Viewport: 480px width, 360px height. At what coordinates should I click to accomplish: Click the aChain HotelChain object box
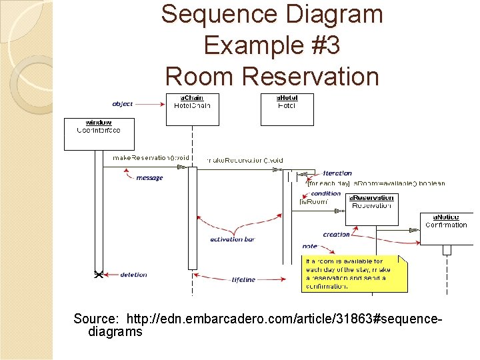tap(192, 109)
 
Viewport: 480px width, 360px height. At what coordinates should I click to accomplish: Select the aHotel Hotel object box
tap(287, 109)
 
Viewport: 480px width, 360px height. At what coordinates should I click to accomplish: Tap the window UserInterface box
tap(99, 133)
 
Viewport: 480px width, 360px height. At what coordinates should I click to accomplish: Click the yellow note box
tap(354, 273)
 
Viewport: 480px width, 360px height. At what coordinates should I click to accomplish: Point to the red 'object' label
tap(123, 104)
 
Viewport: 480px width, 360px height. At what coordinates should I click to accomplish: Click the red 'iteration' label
tap(337, 173)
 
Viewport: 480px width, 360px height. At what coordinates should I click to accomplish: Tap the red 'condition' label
tap(326, 193)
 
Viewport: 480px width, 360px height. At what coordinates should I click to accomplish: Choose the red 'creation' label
tap(336, 234)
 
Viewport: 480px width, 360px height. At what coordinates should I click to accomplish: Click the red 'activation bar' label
tap(232, 239)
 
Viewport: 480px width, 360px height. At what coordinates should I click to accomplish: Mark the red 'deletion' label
tap(133, 275)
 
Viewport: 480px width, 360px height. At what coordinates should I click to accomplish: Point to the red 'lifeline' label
tap(243, 279)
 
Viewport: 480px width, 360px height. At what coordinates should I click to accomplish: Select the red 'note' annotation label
tap(309, 246)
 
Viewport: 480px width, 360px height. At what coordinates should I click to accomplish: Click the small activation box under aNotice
tap(447, 250)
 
